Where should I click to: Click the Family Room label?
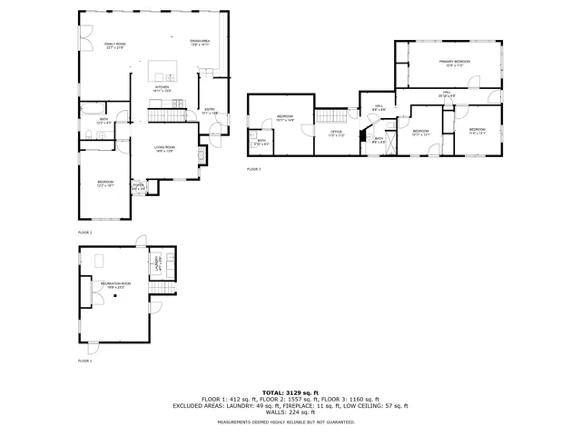114,45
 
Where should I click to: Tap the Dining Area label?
200,43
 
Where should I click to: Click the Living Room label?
164,149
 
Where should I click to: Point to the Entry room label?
210,111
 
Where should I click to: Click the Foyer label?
139,187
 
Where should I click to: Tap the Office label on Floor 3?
336,134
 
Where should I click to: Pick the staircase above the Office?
331,115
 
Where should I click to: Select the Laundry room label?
157,267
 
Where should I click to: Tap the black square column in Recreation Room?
115,302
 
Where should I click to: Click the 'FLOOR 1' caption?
84,361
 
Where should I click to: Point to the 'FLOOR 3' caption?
253,170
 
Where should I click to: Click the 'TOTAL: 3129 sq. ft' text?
290,391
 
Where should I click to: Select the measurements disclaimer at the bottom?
290,421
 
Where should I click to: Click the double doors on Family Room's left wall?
80,36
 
